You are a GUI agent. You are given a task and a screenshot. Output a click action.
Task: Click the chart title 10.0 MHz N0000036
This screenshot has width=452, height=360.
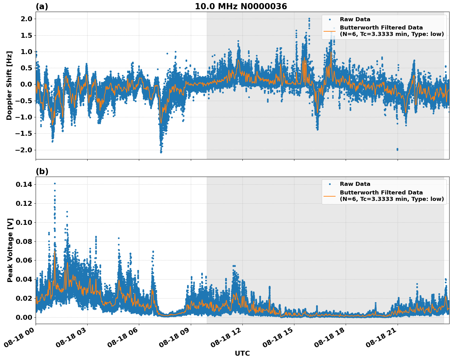click(241, 6)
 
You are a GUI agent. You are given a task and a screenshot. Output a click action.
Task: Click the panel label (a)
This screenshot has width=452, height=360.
click(42, 6)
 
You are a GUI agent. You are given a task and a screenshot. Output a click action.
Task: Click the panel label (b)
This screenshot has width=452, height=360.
click(42, 171)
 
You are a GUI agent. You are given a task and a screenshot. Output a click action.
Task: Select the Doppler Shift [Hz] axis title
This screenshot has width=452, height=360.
click(9, 85)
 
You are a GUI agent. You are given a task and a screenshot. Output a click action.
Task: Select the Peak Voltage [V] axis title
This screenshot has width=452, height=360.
click(10, 250)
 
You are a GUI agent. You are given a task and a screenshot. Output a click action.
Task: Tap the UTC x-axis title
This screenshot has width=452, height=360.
click(242, 353)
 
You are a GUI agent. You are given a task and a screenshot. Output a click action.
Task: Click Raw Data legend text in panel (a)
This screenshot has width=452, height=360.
click(355, 19)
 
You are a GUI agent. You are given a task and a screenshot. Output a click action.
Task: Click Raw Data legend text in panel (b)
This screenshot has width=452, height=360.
click(355, 184)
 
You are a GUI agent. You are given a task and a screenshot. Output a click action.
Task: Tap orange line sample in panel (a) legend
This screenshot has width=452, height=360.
click(329, 31)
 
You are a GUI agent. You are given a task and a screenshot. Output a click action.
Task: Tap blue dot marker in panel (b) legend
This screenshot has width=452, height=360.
click(329, 184)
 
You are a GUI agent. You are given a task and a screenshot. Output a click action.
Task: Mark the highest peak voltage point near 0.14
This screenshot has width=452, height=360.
click(55, 183)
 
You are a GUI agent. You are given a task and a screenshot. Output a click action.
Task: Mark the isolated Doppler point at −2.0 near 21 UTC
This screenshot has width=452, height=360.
click(397, 149)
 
